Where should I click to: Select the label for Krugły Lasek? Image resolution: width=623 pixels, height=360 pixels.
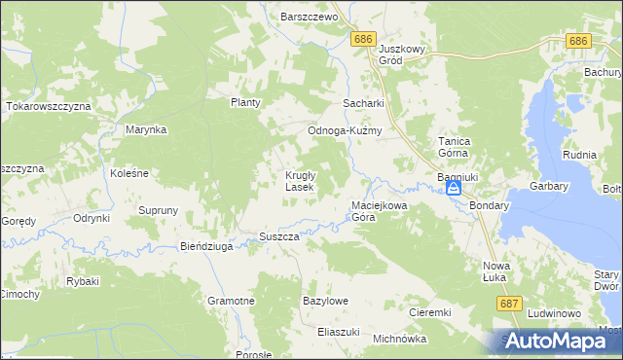299,181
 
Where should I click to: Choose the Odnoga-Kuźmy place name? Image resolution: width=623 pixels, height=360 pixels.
344,131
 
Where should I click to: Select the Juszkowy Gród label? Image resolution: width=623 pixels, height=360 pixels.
404,54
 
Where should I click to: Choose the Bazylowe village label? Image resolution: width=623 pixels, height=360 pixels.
325,302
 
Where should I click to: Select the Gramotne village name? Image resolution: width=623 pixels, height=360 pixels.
231,302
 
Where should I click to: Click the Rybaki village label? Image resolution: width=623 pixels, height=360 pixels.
83,282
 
